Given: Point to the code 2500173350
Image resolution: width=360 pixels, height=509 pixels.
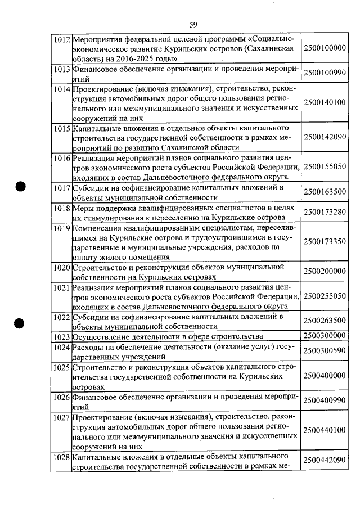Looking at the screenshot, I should [324, 241].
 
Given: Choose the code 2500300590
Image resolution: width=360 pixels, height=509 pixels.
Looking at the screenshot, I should [324, 350].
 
